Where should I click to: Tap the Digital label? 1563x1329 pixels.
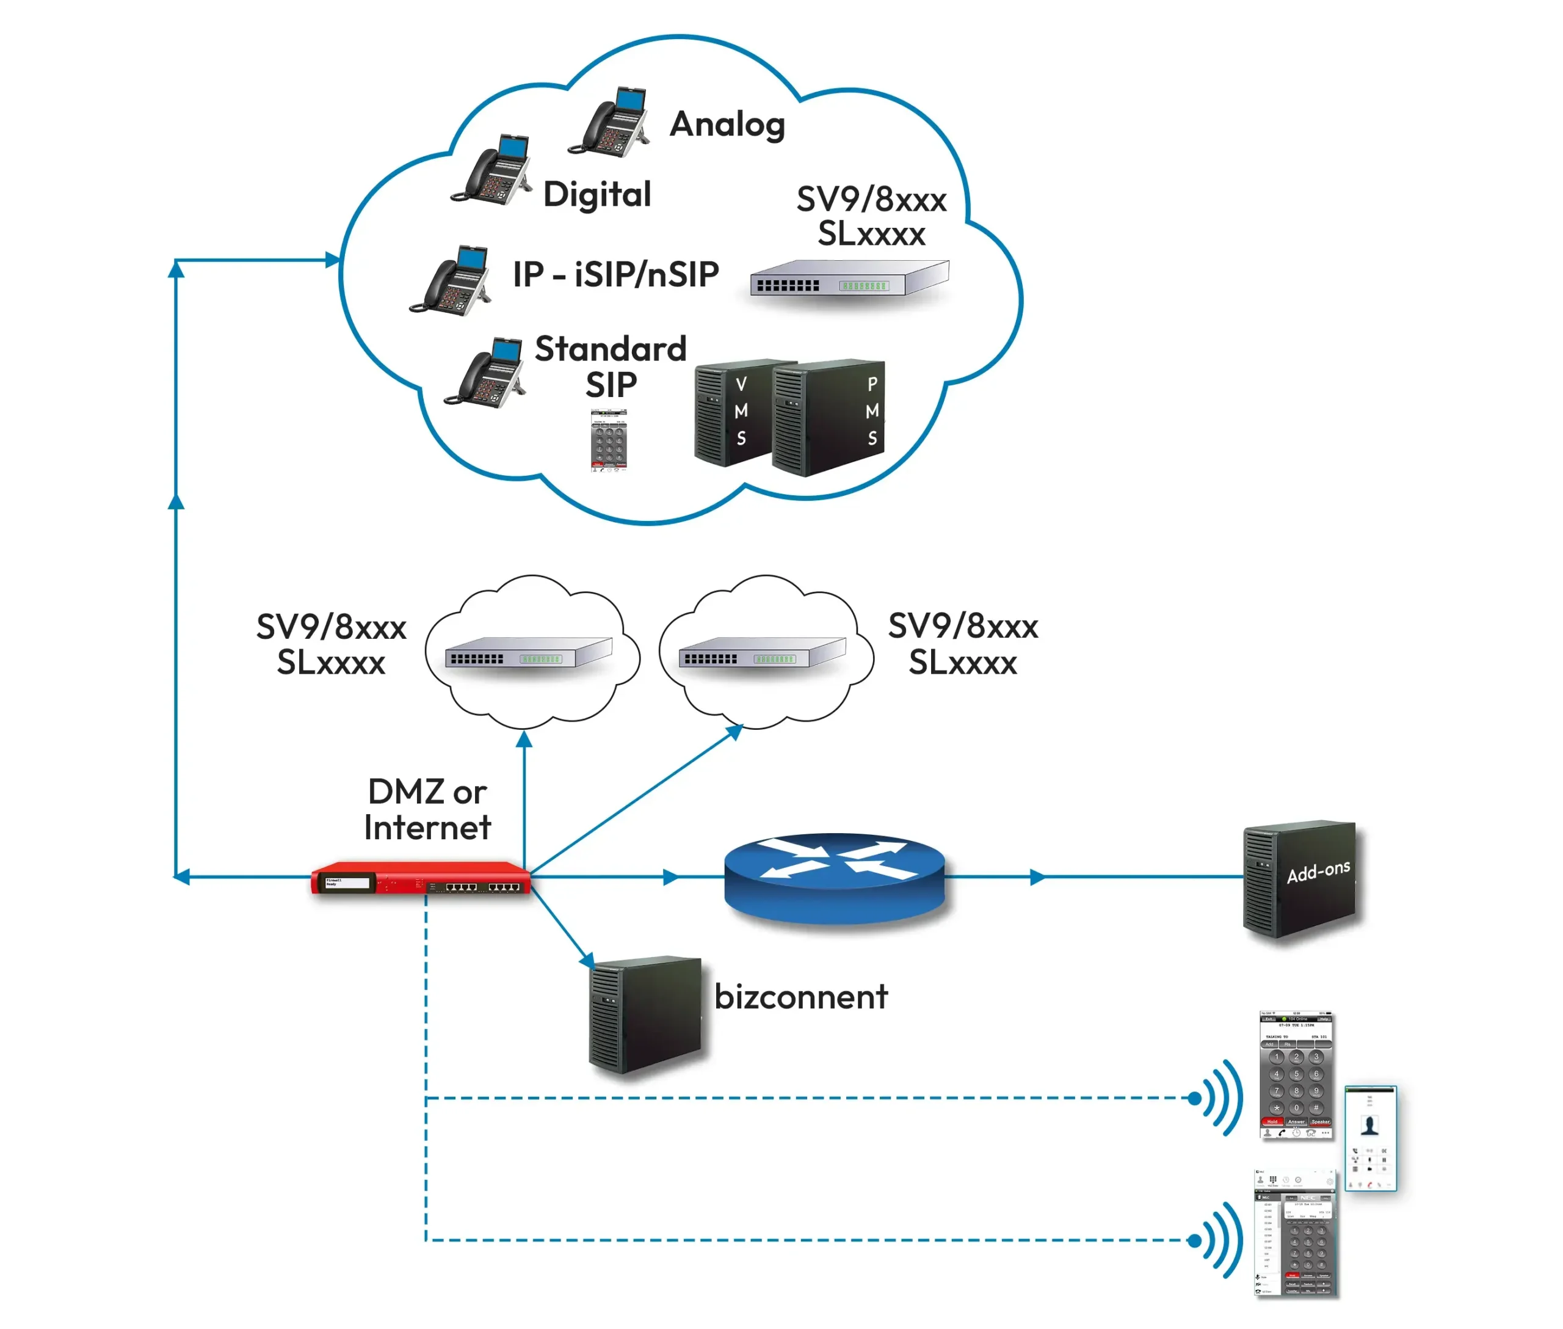(x=597, y=194)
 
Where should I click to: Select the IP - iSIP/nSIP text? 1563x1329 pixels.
(x=615, y=274)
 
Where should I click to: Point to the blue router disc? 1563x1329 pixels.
(x=834, y=878)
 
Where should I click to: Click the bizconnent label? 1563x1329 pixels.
(x=800, y=997)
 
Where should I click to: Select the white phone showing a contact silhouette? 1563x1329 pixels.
(x=1369, y=1138)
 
